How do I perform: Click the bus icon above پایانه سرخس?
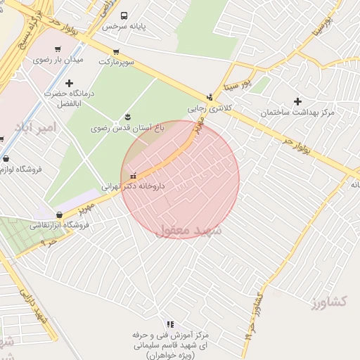[124, 15]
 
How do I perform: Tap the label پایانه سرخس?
[124, 26]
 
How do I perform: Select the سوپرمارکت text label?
[115, 62]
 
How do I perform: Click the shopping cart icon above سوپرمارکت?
[115, 51]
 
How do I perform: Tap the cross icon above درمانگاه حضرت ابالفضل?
[68, 83]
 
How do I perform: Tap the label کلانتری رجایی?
[210, 108]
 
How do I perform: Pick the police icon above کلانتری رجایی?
[210, 97]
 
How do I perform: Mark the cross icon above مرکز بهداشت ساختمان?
[298, 101]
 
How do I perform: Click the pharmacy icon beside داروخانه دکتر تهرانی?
[133, 176]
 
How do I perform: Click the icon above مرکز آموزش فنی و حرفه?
[169, 324]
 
